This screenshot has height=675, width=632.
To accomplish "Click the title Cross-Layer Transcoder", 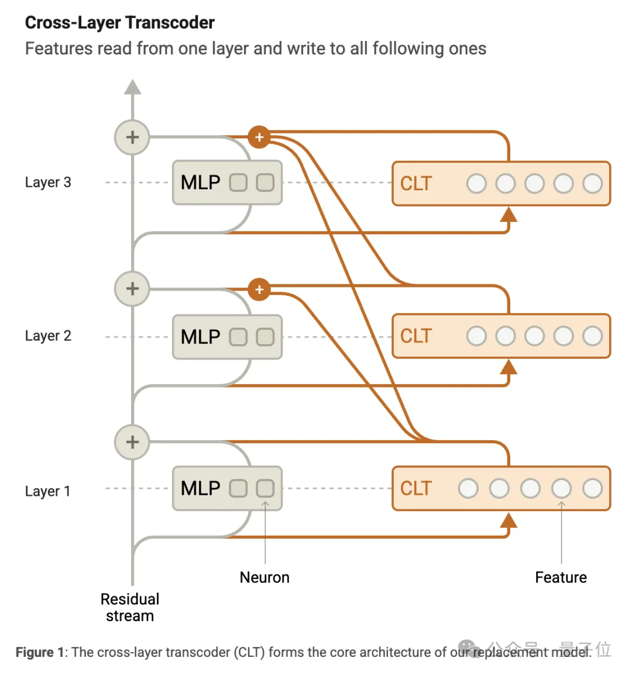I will pyautogui.click(x=119, y=23).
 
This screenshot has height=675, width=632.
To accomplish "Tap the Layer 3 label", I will pyautogui.click(x=48, y=182).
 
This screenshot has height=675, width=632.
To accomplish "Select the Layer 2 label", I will pyautogui.click(x=48, y=335).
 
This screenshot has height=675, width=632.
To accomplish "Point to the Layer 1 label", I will pyautogui.click(x=47, y=491).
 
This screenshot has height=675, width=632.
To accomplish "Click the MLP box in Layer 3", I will pyautogui.click(x=227, y=183).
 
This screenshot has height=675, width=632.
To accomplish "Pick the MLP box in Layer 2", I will pyautogui.click(x=227, y=337).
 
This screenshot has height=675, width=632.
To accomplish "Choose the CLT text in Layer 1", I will pyautogui.click(x=415, y=488).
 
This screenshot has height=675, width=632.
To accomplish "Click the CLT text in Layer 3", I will pyautogui.click(x=415, y=183).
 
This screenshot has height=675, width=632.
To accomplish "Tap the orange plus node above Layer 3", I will pyautogui.click(x=259, y=138).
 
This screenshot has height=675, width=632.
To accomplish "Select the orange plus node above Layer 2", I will pyautogui.click(x=259, y=289).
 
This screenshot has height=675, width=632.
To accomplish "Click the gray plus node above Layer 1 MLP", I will pyautogui.click(x=132, y=442).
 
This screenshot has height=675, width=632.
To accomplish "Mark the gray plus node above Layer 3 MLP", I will pyautogui.click(x=132, y=138).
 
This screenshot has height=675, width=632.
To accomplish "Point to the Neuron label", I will pyautogui.click(x=265, y=577).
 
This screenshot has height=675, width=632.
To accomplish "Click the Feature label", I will pyautogui.click(x=561, y=577).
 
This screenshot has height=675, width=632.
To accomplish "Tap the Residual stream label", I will pyautogui.click(x=130, y=607).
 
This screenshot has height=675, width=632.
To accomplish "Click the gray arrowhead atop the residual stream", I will pyautogui.click(x=133, y=87).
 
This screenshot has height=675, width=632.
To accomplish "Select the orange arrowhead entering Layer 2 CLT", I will pyautogui.click(x=509, y=368).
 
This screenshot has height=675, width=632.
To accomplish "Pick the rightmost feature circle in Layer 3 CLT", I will pyautogui.click(x=592, y=183).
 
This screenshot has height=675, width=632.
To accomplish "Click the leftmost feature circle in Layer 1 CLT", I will pyautogui.click(x=468, y=488).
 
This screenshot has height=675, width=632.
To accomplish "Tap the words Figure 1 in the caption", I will pyautogui.click(x=39, y=652).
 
